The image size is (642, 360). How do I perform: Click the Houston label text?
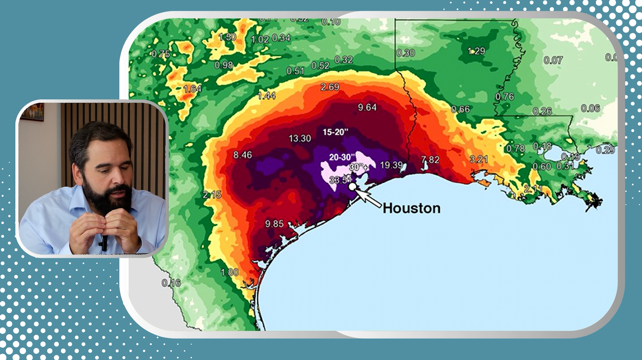click(411, 208)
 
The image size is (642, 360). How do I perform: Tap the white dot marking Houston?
click(352, 187)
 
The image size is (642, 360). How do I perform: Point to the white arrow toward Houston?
click(368, 198)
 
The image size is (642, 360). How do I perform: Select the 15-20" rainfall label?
click(335, 132)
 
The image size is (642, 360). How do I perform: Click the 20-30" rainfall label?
click(342, 157)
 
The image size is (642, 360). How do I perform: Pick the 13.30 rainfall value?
click(300, 138)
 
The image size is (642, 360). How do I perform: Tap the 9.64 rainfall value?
click(367, 107)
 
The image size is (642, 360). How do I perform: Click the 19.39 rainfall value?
click(391, 165)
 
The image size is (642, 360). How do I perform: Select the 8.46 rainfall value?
click(242, 155)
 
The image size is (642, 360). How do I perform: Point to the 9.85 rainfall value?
click(274, 224)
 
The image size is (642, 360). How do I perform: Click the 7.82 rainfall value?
click(430, 160)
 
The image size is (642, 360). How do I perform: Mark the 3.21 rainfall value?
click(479, 159)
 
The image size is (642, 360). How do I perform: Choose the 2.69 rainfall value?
click(330, 87)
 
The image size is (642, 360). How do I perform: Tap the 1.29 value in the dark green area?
click(476, 51)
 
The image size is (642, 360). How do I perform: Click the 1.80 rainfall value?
click(230, 272)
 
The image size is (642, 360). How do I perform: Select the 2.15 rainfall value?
click(212, 195)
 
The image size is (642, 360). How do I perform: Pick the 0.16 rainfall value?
click(171, 283)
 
